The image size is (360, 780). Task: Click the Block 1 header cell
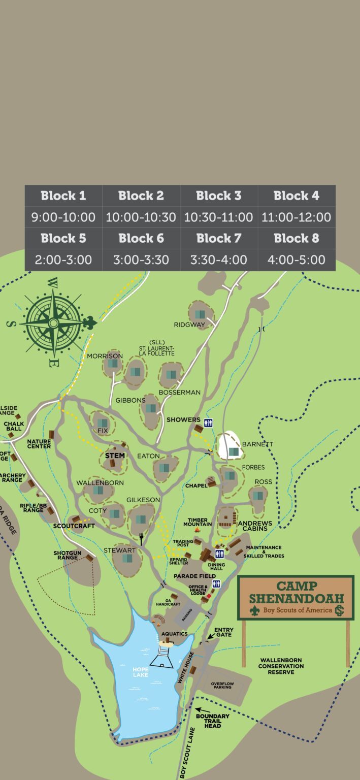[63, 196]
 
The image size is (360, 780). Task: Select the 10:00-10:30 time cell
[141, 217]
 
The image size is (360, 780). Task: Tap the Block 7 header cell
[219, 238]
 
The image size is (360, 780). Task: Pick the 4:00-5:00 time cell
[297, 260]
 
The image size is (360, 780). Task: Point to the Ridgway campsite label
[189, 324]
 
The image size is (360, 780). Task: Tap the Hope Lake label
[141, 672]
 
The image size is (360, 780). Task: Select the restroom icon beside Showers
[208, 422]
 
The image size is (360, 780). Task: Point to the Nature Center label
[39, 444]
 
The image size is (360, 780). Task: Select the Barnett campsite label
[257, 444]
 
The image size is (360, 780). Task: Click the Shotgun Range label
[66, 556]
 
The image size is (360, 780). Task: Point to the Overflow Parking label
[222, 686]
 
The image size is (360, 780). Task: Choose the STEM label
[115, 456]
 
